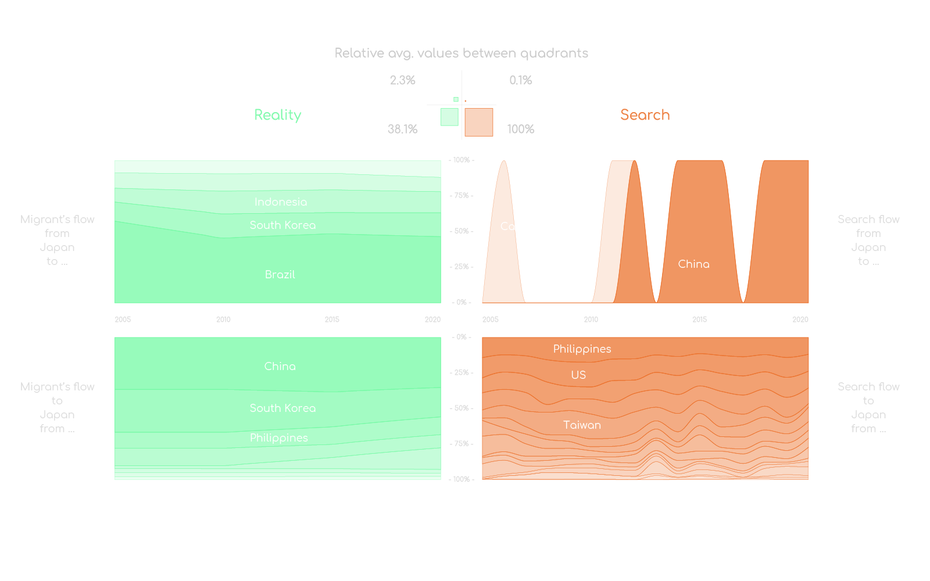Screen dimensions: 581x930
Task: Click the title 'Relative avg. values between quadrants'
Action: pyautogui.click(x=462, y=53)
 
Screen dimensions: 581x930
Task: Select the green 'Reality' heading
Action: pyautogui.click(x=278, y=115)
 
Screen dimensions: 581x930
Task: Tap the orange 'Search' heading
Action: pyautogui.click(x=645, y=115)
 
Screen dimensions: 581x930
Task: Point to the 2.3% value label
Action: pyautogui.click(x=402, y=80)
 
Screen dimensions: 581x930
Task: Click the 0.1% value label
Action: pyautogui.click(x=520, y=80)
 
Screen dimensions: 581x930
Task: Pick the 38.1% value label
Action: pyautogui.click(x=402, y=129)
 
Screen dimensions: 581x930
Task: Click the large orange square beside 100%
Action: pyautogui.click(x=479, y=122)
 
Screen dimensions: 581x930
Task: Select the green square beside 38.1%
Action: pyautogui.click(x=449, y=117)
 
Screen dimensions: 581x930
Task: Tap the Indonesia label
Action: pyautogui.click(x=281, y=202)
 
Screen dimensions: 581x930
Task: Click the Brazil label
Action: pyautogui.click(x=280, y=275)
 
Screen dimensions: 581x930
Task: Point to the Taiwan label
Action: pyautogui.click(x=582, y=425)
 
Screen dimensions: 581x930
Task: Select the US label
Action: pyautogui.click(x=578, y=375)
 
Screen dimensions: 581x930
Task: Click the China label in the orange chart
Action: pyautogui.click(x=693, y=264)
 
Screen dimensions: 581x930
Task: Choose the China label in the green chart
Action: pyautogui.click(x=280, y=367)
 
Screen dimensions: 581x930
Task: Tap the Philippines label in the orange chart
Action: pyautogui.click(x=582, y=349)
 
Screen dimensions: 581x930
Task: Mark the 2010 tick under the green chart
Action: pyautogui.click(x=223, y=320)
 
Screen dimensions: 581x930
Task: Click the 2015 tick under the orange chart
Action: pyautogui.click(x=699, y=320)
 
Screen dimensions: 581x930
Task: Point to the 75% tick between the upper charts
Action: pyautogui.click(x=462, y=196)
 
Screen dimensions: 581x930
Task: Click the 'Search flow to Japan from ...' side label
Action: pyautogui.click(x=868, y=408)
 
